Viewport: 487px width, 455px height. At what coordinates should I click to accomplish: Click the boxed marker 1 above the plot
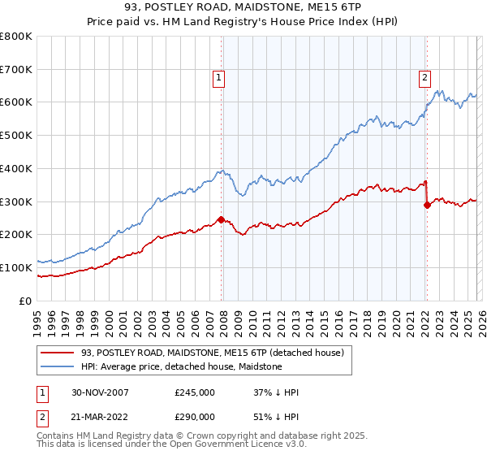tap(219, 78)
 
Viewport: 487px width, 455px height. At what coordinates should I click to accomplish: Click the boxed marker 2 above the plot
tap(425, 78)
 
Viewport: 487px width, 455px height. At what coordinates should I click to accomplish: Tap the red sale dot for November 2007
tap(221, 219)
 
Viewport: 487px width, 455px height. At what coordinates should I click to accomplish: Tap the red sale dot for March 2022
tap(427, 205)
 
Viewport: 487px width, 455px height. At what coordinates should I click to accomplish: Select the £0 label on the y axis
tap(26, 301)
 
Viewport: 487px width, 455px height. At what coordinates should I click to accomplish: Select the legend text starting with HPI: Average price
tap(181, 366)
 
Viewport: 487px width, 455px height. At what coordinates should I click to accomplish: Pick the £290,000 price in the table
tap(195, 416)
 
